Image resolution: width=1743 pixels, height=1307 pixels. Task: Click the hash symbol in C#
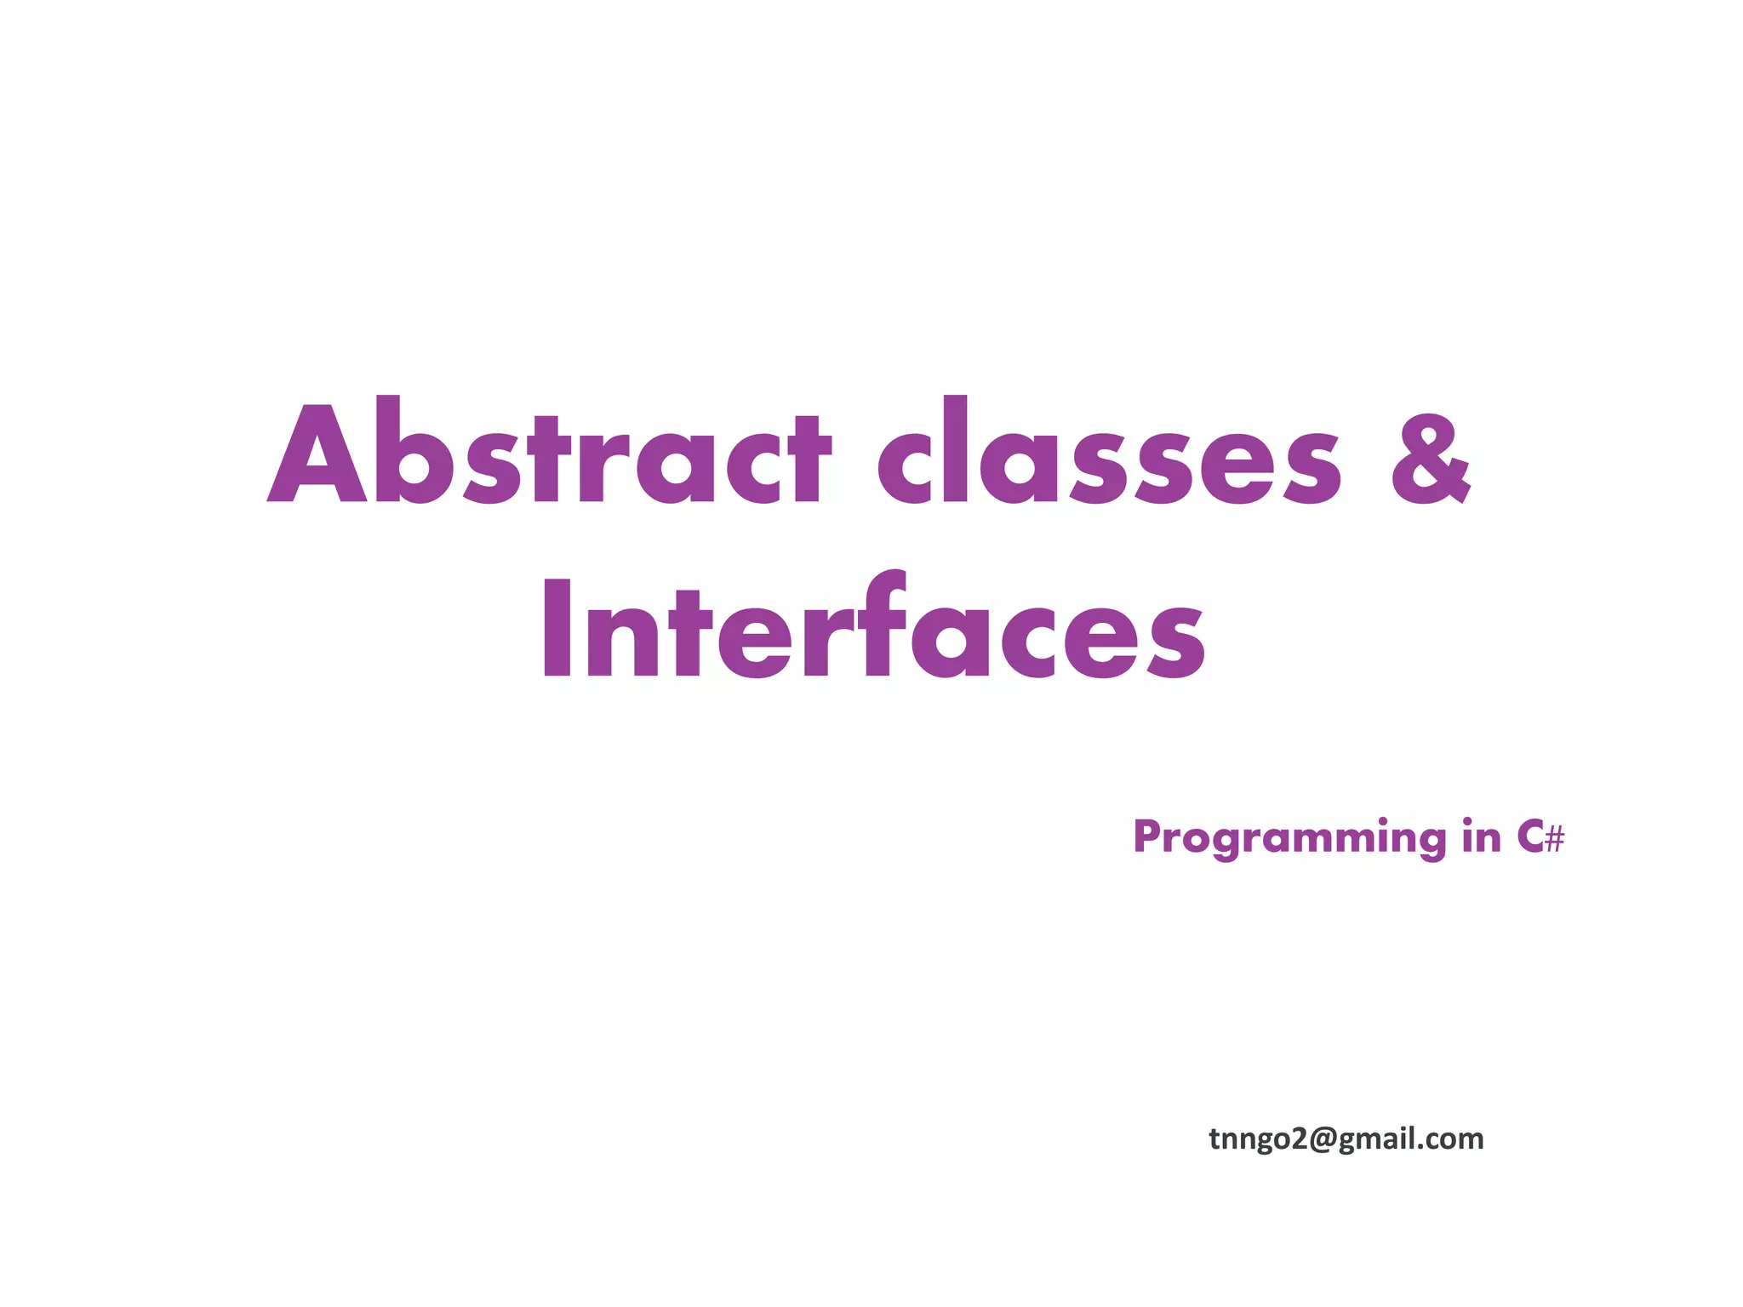(x=1554, y=841)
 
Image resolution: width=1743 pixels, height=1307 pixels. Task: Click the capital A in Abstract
(x=317, y=455)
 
